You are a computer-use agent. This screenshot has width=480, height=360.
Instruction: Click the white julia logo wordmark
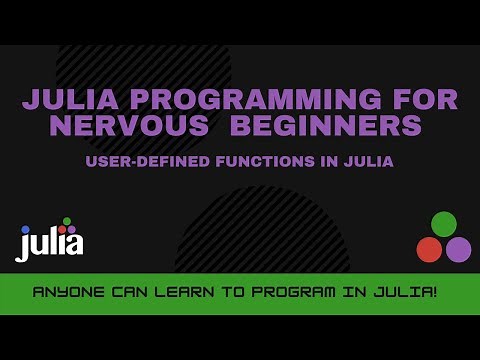[50, 243]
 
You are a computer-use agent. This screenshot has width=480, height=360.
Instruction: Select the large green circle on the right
[443, 224]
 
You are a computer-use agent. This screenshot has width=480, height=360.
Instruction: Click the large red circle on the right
[429, 249]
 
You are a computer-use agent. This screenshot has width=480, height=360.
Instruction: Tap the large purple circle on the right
[458, 249]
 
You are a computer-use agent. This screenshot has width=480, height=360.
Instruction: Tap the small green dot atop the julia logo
[67, 221]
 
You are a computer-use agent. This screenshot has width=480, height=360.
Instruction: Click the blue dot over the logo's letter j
[25, 229]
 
